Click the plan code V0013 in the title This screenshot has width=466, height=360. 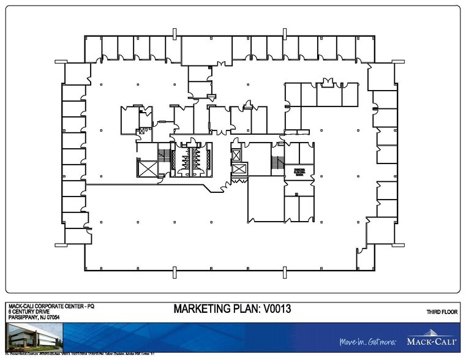point(270,309)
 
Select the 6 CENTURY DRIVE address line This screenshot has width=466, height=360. point(29,311)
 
